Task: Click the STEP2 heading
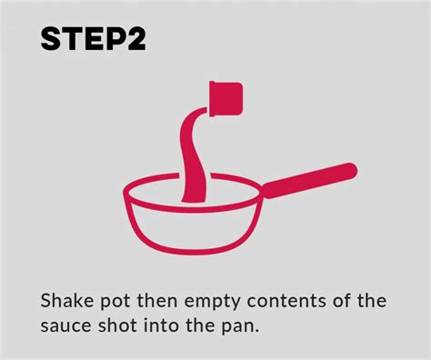pos(90,39)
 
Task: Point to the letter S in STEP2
pos(50,39)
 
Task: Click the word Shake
pos(65,300)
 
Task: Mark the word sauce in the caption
pos(65,324)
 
